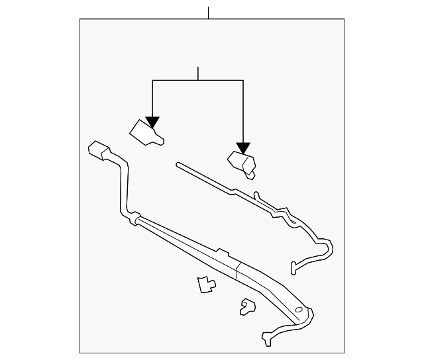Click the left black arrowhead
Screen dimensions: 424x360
pos(153,122)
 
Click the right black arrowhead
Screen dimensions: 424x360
pos(243,148)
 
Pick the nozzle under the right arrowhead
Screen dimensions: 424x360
pos(241,163)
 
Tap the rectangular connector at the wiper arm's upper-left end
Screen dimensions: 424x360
pos(99,151)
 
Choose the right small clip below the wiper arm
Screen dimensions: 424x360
pos(248,305)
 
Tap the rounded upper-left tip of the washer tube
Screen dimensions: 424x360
pos(178,163)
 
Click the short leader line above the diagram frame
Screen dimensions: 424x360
pos(209,13)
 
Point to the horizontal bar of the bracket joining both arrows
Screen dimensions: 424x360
pos(198,80)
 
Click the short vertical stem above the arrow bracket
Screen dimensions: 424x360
pos(198,73)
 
